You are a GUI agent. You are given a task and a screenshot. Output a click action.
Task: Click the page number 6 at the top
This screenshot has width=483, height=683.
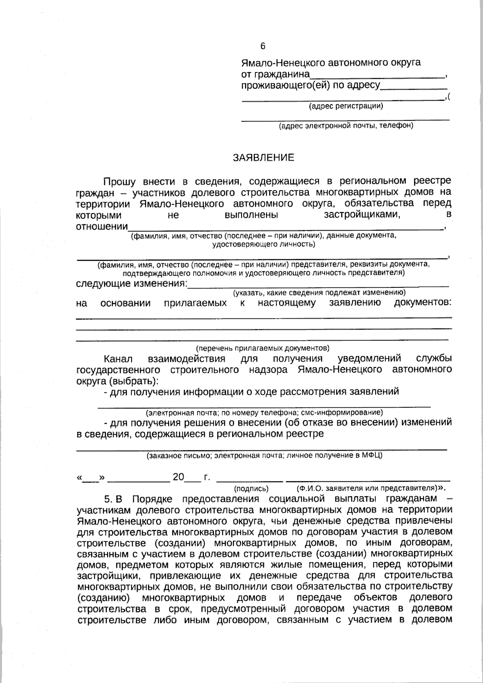click(263, 46)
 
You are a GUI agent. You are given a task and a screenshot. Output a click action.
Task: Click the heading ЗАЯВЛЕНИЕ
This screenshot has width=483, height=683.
click(264, 158)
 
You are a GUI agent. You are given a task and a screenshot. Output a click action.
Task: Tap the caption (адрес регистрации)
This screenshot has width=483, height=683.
click(346, 106)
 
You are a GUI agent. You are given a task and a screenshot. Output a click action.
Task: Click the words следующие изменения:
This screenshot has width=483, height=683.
click(132, 284)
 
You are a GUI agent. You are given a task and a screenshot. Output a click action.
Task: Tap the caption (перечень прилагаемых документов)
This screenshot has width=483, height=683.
click(262, 348)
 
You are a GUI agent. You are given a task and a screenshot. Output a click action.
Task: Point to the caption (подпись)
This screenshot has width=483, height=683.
click(251, 489)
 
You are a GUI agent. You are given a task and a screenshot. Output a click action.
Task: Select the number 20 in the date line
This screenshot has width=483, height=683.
click(178, 477)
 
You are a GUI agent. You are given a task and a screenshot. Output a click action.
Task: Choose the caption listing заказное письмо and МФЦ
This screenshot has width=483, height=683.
click(264, 456)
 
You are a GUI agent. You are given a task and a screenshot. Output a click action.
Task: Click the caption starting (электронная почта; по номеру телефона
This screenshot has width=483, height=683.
click(264, 413)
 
